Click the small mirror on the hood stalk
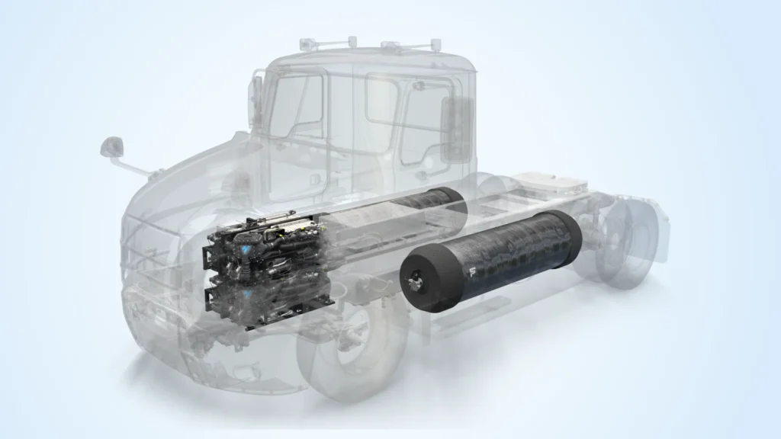point(112,145)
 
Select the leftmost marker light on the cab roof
point(307,44)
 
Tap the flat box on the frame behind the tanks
point(549,183)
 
